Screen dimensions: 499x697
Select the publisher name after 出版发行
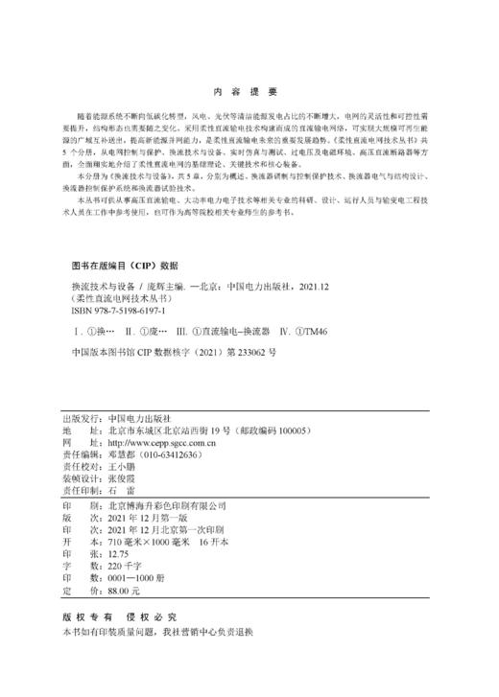point(139,419)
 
